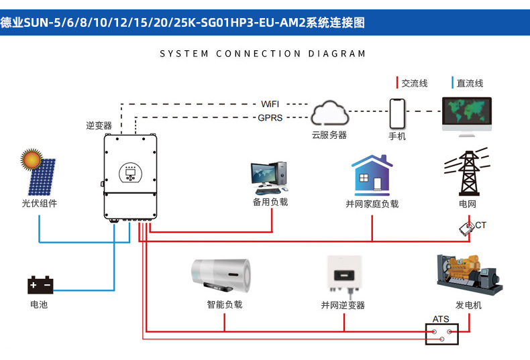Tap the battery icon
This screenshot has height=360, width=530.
pos(40,285)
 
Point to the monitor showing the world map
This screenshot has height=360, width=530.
pos(466,115)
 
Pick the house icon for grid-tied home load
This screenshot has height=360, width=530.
pos(372,175)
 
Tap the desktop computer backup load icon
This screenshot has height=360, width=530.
pos(270,176)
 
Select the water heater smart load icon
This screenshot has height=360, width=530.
pos(224,276)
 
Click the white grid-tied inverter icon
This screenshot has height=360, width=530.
pos(343,274)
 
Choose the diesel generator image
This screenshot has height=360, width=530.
pos(469,273)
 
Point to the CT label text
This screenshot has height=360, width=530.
pos(480,225)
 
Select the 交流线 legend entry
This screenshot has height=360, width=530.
pos(414,83)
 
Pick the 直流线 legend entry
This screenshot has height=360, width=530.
pos(470,83)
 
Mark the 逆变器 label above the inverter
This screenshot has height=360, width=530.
pos(99,125)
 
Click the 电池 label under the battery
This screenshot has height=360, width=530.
pos(39,304)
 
